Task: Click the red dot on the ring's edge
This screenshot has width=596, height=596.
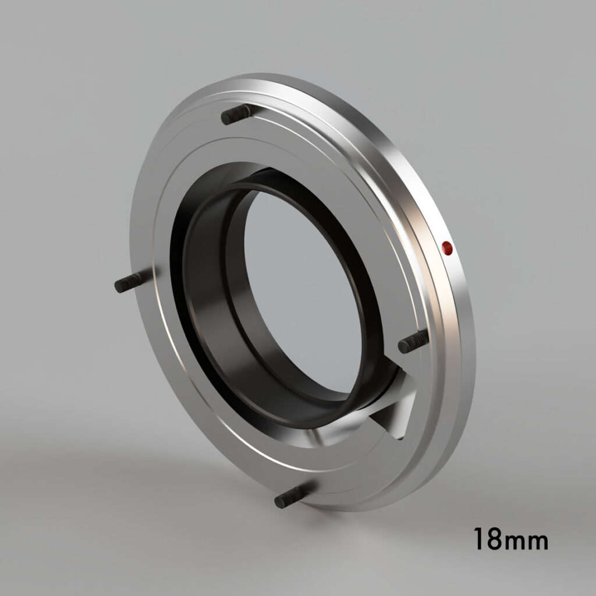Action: pos(447,249)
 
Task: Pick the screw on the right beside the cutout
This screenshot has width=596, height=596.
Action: pos(413,342)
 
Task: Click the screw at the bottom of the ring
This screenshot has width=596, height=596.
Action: pos(290,496)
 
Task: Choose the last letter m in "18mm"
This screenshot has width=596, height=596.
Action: pos(538,542)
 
